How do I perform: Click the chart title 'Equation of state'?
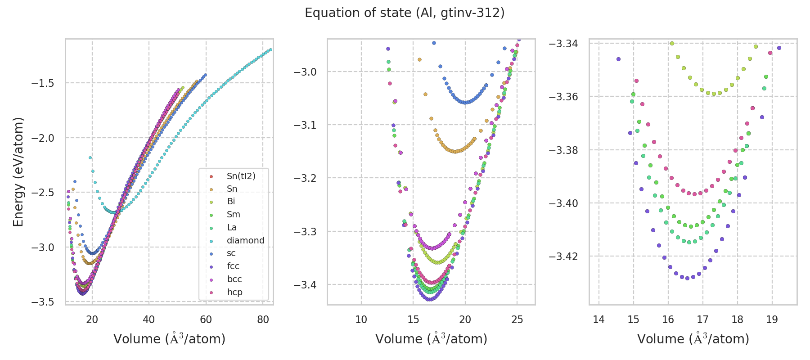pos(405,13)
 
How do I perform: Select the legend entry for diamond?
pos(245,240)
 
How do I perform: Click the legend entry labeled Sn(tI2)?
pos(241,176)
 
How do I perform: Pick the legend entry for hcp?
pos(234,292)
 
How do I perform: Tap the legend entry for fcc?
pos(233,266)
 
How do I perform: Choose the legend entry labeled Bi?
pos(231,202)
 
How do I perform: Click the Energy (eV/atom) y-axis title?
pos(18,172)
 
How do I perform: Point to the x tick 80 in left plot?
pos(263,319)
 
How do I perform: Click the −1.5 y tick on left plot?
pos(43,83)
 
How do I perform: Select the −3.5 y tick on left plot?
pos(43,302)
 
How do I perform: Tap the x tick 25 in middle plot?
pos(517,319)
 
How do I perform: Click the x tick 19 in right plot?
pos(772,319)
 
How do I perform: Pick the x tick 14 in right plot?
pos(598,319)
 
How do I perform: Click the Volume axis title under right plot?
pos(693,339)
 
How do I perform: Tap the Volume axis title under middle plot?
pos(431,339)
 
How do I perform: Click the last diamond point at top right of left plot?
pos(270,49)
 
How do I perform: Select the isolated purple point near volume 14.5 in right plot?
pos(618,59)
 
